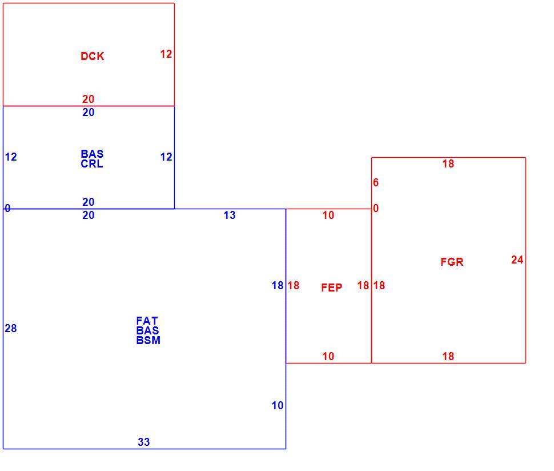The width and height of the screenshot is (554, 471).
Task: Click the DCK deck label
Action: [92, 56]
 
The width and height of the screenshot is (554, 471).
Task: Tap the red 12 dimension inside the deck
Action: [166, 54]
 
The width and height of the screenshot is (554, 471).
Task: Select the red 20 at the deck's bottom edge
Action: [89, 99]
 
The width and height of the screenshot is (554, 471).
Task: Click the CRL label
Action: [92, 164]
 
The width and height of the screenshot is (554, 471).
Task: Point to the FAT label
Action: [147, 321]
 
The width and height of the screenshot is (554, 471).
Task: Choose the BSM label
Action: [148, 340]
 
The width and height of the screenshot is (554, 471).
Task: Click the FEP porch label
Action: [332, 288]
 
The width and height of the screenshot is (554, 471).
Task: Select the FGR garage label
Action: [452, 262]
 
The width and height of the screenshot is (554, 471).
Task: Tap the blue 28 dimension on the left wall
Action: [11, 329]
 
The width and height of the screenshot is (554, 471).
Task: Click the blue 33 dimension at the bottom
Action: [144, 442]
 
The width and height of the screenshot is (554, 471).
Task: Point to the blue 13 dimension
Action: [229, 215]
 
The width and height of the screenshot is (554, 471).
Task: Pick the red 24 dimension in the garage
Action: [517, 260]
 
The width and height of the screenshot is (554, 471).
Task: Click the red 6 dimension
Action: [376, 183]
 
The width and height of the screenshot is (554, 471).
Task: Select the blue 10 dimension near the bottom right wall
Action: [278, 406]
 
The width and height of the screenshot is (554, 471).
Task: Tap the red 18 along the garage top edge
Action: [448, 163]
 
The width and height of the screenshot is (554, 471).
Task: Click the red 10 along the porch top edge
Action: [328, 215]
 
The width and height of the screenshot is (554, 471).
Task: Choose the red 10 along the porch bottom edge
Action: [328, 357]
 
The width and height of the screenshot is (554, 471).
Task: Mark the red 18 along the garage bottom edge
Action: [448, 357]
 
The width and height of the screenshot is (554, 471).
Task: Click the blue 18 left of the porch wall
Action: [278, 286]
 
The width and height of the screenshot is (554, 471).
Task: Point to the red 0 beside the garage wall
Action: [376, 208]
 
